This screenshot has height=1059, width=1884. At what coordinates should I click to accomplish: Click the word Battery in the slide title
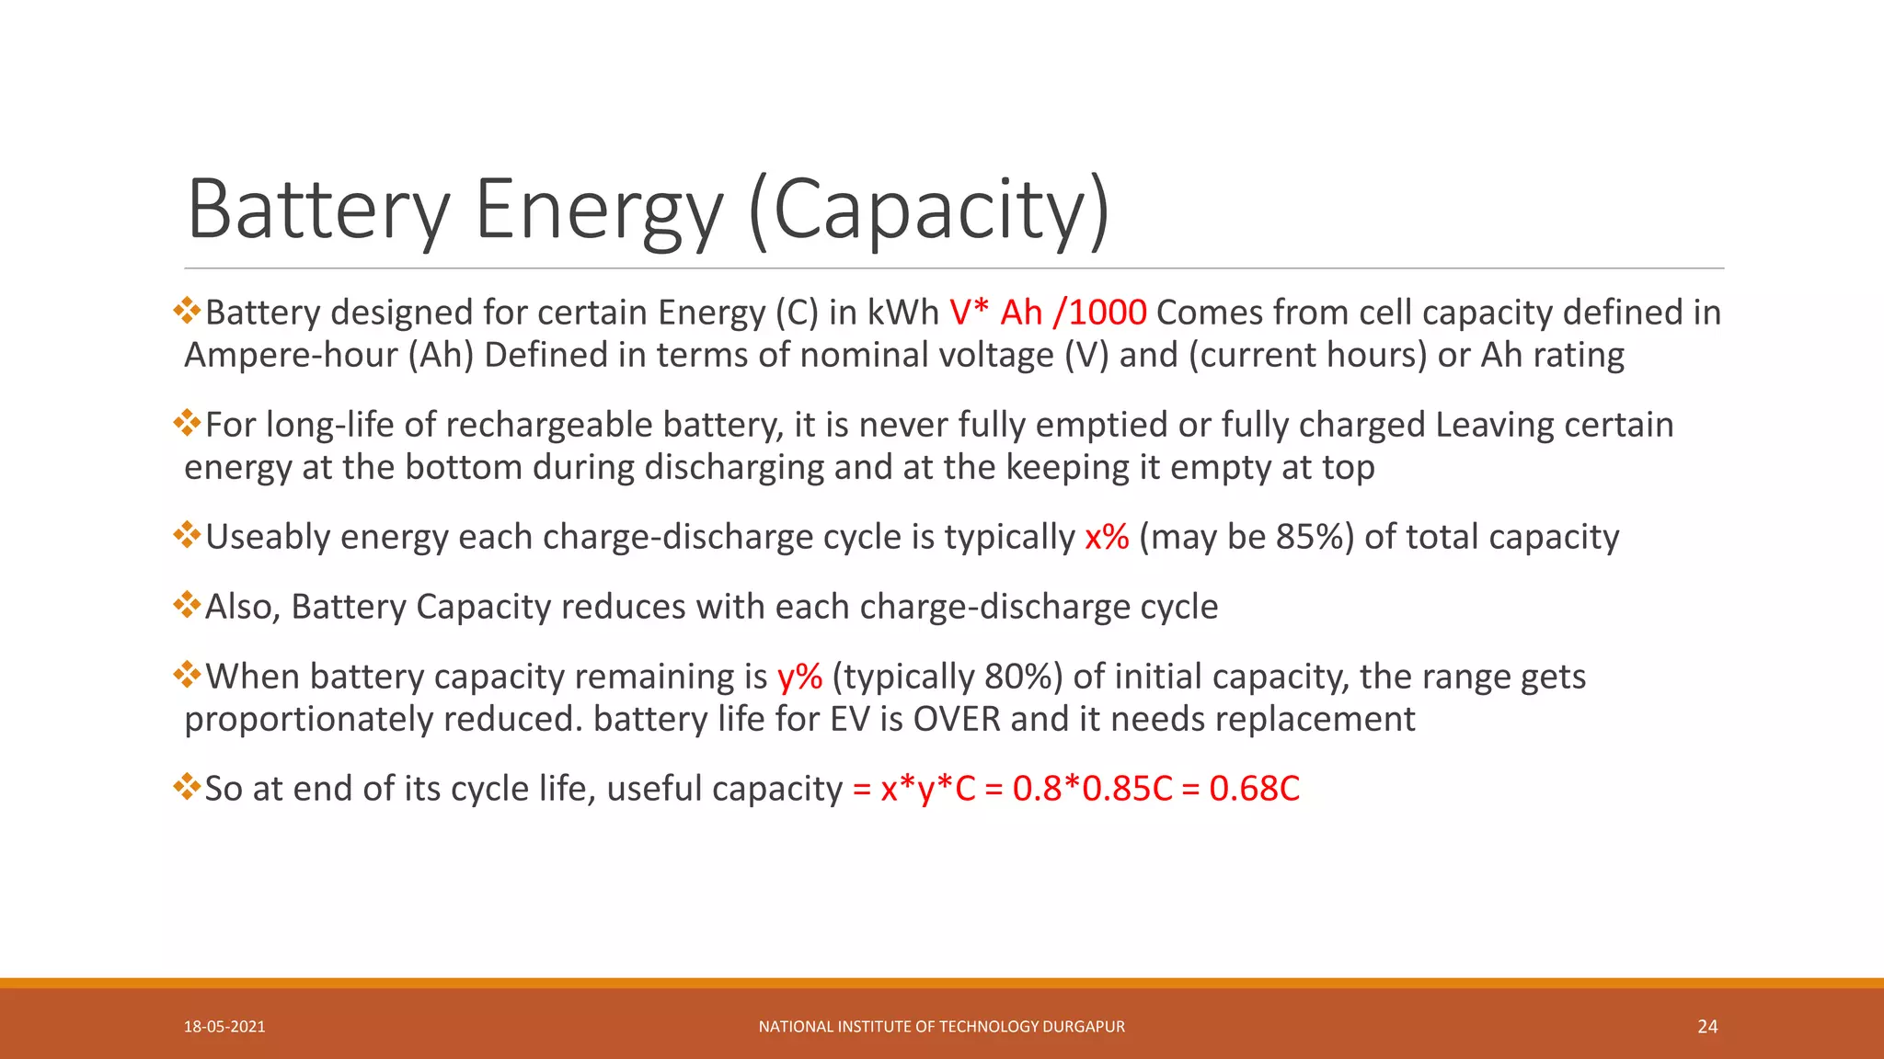[318, 210]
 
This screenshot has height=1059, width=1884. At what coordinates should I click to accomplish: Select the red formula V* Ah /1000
[1048, 313]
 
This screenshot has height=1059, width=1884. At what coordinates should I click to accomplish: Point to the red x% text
[1107, 537]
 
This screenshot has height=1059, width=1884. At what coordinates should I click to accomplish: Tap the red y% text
[799, 677]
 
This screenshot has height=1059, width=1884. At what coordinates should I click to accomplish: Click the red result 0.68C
[1254, 789]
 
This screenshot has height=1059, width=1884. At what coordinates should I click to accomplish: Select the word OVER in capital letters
[956, 719]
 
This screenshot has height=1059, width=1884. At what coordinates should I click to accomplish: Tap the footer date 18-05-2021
[224, 1027]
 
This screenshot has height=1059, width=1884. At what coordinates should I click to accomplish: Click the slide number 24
[1707, 1027]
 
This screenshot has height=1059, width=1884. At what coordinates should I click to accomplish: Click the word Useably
[267, 537]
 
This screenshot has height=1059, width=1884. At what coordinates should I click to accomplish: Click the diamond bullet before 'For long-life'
[187, 423]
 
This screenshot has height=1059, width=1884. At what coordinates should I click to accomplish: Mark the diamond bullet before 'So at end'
[187, 787]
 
